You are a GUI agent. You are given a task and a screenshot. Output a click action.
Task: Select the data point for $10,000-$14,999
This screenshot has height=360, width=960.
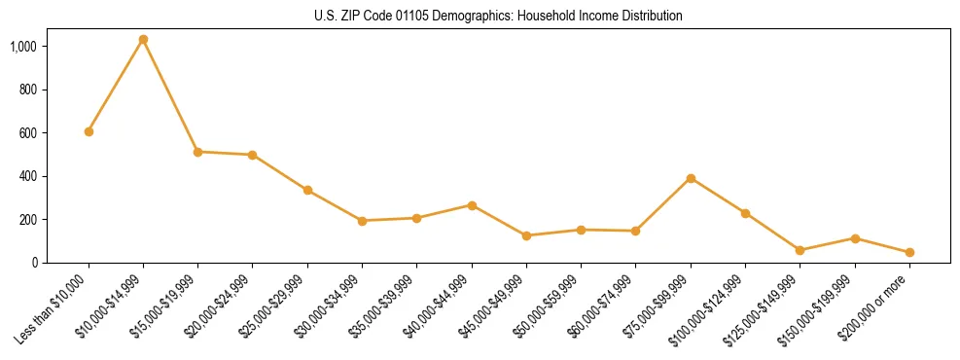coord(143,40)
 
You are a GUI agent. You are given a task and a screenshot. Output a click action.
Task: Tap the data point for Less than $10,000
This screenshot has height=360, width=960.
coord(89,131)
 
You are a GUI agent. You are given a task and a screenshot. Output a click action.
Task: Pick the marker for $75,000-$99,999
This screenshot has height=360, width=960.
coord(691,178)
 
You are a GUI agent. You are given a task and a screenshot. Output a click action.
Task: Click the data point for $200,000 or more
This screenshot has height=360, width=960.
coord(909,252)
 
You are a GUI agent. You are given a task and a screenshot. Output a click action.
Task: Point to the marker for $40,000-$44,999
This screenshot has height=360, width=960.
coord(472,205)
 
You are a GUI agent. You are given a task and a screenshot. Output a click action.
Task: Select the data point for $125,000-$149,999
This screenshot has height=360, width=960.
coord(800,250)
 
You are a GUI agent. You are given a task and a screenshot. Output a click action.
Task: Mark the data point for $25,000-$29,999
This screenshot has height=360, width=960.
coord(307,190)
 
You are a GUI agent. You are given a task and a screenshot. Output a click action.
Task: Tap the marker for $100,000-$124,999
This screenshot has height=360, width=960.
coord(745,213)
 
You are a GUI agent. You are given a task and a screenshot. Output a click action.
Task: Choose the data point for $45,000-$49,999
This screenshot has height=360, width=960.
coord(526,235)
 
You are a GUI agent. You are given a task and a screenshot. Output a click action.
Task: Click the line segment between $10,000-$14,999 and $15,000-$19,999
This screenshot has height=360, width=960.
coord(170,96)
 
